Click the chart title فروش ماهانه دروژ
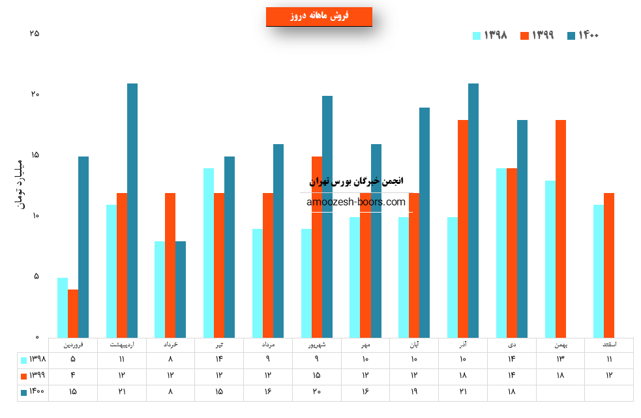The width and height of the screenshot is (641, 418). (319, 16)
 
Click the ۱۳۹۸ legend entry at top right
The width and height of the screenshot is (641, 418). (490, 35)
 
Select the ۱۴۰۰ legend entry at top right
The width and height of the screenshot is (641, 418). (582, 35)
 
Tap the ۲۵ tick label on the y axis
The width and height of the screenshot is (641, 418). (35, 33)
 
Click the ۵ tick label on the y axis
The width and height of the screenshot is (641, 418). (36, 276)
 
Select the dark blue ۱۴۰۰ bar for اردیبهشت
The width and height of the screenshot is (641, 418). (132, 210)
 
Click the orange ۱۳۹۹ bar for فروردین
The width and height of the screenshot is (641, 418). (73, 313)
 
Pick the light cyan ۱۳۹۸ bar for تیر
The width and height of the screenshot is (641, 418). (209, 252)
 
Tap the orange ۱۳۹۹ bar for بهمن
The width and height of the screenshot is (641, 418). (561, 228)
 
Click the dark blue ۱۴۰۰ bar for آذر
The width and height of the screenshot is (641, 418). (473, 210)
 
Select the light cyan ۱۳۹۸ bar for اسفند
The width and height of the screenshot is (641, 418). (599, 271)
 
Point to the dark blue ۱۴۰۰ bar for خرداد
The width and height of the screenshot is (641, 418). (181, 289)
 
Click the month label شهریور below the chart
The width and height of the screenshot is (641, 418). (316, 344)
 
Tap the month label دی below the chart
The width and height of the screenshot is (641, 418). (512, 344)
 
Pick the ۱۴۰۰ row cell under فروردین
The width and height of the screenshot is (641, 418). (73, 392)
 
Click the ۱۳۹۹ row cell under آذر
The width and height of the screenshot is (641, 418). (463, 376)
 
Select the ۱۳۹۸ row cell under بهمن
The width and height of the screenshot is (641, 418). (561, 359)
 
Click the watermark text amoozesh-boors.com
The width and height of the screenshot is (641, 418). (356, 202)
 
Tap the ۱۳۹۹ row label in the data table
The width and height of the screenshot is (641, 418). (33, 376)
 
